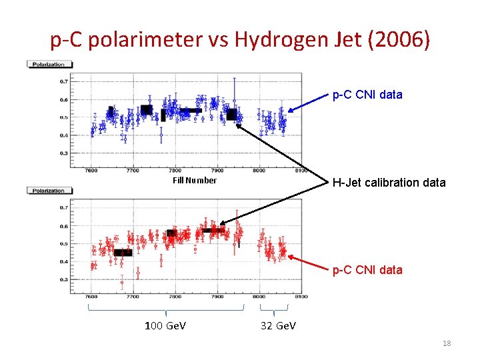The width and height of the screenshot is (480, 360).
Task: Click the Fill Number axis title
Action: (195, 181)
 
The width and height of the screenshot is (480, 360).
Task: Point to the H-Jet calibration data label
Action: (389, 183)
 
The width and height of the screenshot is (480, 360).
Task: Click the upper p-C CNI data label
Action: (367, 95)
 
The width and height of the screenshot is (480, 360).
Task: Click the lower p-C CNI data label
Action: (367, 270)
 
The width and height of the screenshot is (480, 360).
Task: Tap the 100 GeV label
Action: (165, 325)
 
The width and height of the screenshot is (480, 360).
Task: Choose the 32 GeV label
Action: (276, 325)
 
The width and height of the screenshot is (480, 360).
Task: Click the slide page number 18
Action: (447, 343)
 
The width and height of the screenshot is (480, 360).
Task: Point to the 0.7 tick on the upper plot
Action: (63, 82)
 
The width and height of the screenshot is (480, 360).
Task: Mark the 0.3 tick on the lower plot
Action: (63, 280)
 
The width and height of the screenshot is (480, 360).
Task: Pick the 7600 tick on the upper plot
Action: (91, 171)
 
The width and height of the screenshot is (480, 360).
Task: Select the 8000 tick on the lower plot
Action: (259, 297)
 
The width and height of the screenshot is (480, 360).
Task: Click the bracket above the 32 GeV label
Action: (273, 309)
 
